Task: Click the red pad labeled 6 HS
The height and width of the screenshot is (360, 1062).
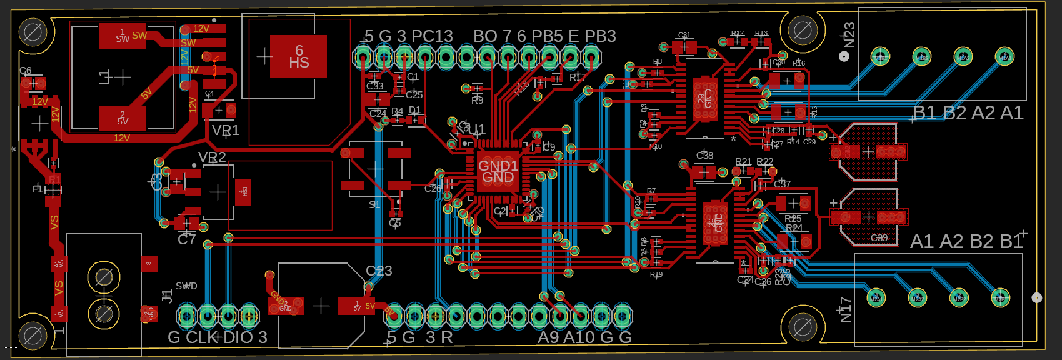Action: pos(298,56)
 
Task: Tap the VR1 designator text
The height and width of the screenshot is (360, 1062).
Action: pos(226,131)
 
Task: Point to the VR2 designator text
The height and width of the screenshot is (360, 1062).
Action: pos(212,157)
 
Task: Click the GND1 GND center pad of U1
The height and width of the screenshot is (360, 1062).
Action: pos(498,171)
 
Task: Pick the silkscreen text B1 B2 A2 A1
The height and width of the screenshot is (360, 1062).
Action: pos(968,113)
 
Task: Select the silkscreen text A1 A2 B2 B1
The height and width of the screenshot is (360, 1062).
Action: pos(966,242)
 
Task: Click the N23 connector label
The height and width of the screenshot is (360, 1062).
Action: pos(849,36)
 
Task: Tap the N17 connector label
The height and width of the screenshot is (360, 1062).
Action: pos(846,309)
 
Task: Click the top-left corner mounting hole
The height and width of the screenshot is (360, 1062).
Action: pos(33,32)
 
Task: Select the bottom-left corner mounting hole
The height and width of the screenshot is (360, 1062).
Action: pos(33,337)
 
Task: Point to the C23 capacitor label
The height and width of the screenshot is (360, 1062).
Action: pos(379,271)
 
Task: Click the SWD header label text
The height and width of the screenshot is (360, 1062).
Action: pos(186,286)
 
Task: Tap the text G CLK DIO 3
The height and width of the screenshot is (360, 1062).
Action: pos(218,337)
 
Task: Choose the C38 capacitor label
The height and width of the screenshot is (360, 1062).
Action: pos(704,155)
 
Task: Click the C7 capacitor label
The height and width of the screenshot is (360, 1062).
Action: pos(187,239)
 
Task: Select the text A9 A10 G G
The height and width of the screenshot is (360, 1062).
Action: pos(584,337)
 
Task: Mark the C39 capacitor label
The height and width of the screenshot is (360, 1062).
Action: pos(879,238)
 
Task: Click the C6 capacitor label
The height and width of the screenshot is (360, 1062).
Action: pos(25,71)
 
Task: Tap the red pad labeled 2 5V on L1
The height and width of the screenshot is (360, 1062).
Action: pos(123,117)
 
